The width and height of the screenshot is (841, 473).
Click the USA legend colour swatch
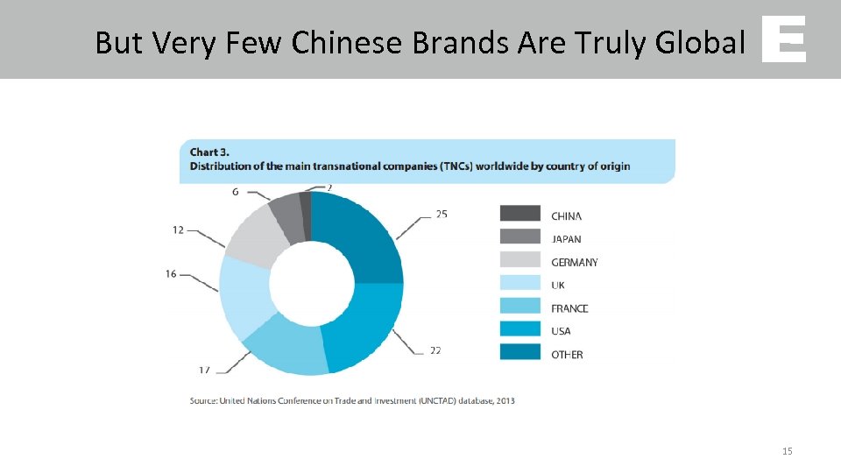(520, 329)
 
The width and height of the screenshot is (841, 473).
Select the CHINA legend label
(566, 216)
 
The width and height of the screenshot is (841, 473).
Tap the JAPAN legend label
(566, 239)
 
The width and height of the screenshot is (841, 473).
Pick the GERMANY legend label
(575, 262)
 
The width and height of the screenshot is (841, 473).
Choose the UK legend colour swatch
(520, 283)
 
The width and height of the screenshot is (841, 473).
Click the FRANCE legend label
(569, 308)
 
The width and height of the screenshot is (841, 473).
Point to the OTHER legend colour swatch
(520, 352)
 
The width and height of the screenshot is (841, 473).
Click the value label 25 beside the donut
(441, 214)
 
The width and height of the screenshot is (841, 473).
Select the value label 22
(435, 350)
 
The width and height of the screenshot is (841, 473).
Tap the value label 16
(171, 274)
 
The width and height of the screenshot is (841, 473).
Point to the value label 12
(178, 230)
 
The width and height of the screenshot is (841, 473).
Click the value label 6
(236, 192)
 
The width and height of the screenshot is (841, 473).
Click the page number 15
(787, 451)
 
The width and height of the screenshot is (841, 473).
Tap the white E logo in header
(783, 40)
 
